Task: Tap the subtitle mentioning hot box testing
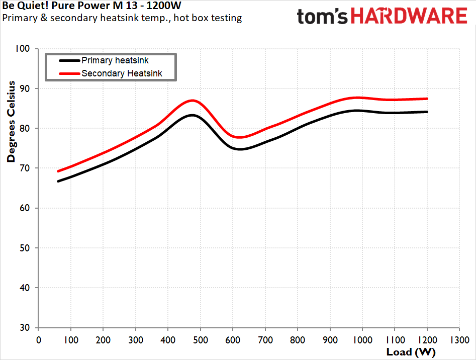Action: [122, 18]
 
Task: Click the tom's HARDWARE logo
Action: [382, 17]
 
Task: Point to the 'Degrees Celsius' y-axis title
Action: [11, 122]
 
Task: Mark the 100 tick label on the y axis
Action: [23, 49]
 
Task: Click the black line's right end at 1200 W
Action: [427, 112]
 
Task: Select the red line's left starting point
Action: [58, 171]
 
